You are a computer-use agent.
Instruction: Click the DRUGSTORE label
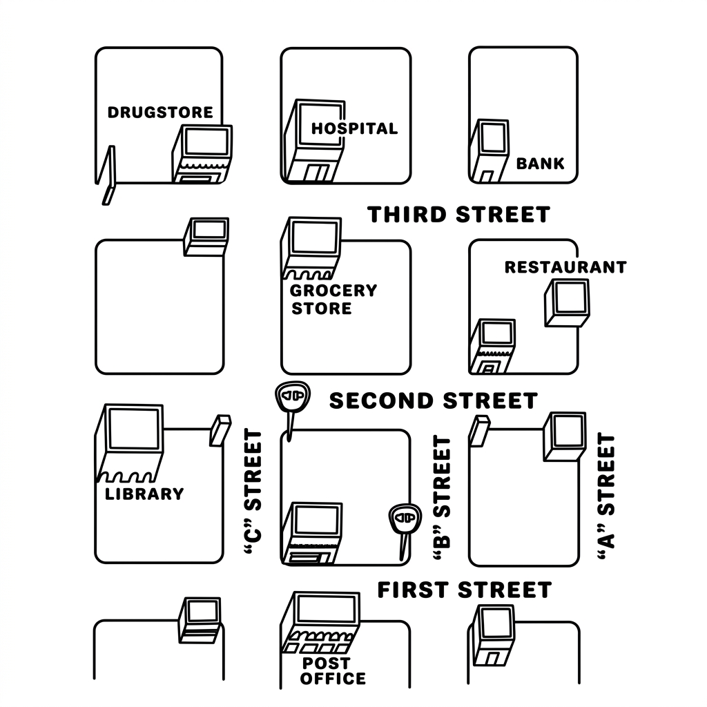tap(160, 113)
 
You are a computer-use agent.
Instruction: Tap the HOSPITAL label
tap(354, 128)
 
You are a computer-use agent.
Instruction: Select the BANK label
tap(540, 163)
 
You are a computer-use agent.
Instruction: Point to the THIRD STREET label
tap(458, 215)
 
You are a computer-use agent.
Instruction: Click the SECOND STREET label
tap(434, 401)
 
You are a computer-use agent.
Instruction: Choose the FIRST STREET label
tap(465, 590)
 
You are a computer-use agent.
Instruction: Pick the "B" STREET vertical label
tap(442, 498)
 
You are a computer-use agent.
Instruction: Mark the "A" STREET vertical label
tap(606, 496)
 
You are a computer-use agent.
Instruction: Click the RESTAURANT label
tap(565, 267)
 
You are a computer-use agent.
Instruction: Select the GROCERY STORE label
tap(333, 300)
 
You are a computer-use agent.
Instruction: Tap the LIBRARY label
tap(144, 494)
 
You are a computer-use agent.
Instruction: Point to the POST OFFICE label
tap(333, 671)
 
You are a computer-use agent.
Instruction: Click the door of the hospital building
tap(318, 173)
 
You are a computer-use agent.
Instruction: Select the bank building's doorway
tap(486, 176)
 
